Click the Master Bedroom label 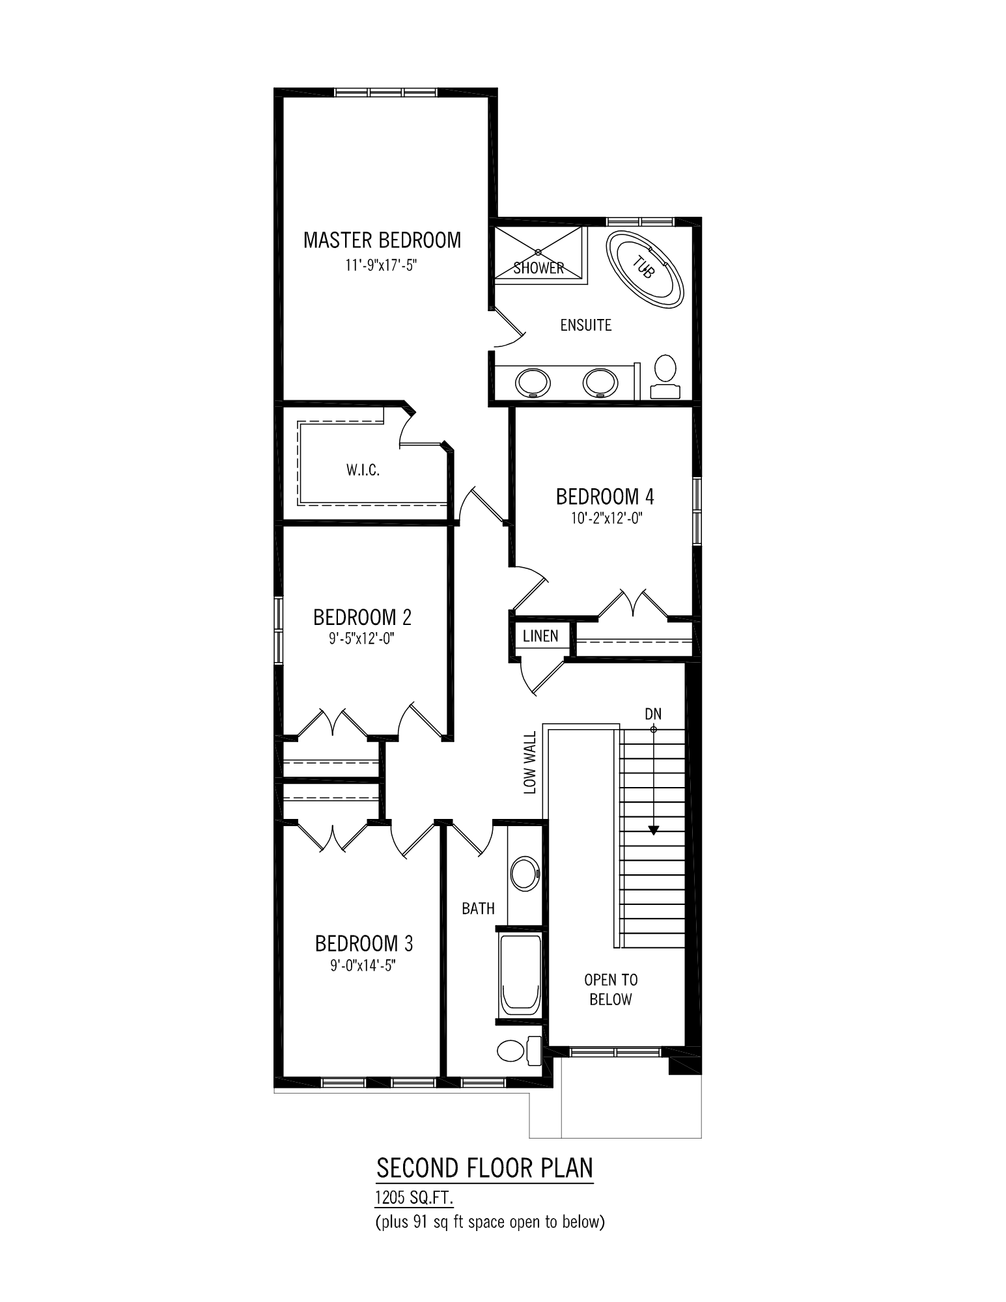(x=382, y=240)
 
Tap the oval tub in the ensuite (x=645, y=269)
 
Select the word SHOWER (x=538, y=268)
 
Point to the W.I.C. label (x=363, y=469)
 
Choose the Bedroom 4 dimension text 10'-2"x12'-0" (x=604, y=518)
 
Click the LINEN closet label (x=540, y=635)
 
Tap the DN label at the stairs (x=653, y=714)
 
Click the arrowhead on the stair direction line (x=654, y=830)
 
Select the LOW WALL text (x=530, y=762)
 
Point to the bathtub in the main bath (x=520, y=977)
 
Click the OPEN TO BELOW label (x=611, y=990)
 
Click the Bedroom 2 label (x=363, y=616)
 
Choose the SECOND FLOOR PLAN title (x=485, y=1169)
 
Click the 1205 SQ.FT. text (x=414, y=1197)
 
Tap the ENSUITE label (x=586, y=325)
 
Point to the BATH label (x=479, y=908)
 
